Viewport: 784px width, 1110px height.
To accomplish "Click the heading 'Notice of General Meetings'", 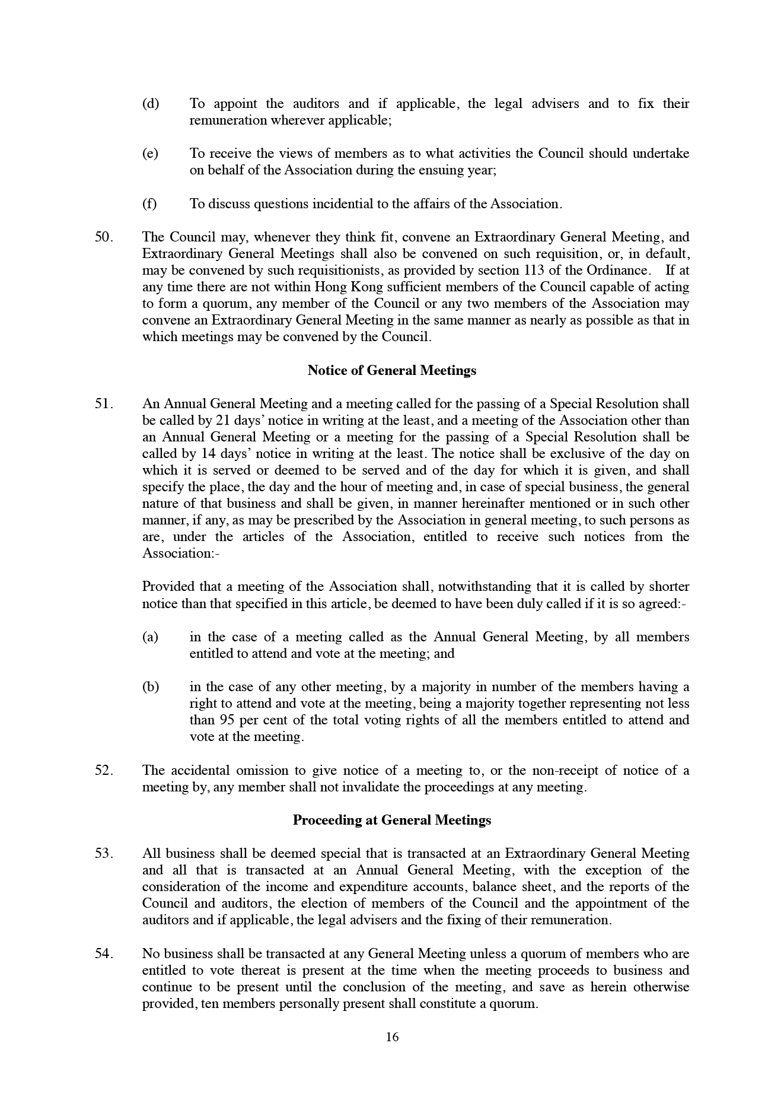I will click(391, 371).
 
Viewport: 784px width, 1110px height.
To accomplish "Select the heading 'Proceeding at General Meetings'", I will click(391, 820).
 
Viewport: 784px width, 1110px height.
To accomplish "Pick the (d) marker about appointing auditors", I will click(151, 104).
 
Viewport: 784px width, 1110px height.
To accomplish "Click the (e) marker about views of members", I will click(151, 154).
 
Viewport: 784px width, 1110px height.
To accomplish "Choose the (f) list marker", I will click(149, 204).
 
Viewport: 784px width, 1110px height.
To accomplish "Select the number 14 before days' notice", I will click(209, 454).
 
